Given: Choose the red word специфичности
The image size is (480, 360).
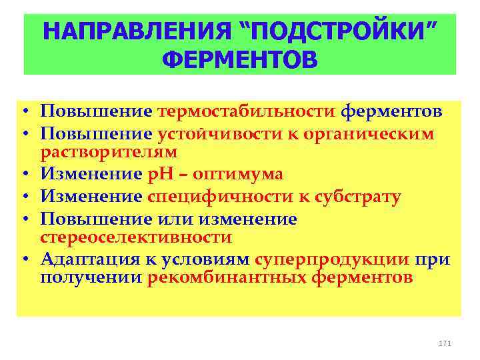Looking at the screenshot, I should click(x=213, y=197).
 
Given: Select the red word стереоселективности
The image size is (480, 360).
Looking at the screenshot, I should click(x=136, y=237).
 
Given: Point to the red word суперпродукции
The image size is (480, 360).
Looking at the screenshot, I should click(x=332, y=259).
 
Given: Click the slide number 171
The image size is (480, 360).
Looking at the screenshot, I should click(x=445, y=343).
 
